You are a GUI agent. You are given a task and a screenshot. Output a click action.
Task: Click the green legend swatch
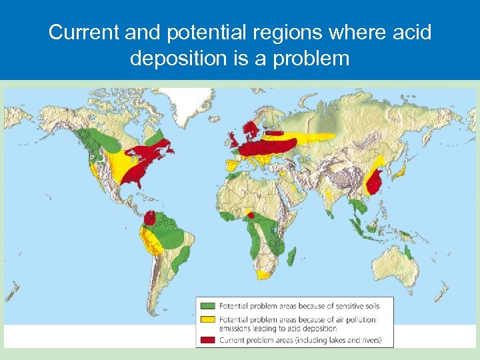[206, 306]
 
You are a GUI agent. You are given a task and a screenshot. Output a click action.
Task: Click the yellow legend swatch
[206, 321]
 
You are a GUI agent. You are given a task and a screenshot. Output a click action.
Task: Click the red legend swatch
[206, 340]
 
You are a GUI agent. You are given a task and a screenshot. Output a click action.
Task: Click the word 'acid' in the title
[413, 32]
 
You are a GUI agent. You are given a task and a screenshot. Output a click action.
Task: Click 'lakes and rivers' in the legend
[353, 340]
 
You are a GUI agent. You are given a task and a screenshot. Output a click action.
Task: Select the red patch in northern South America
[150, 217]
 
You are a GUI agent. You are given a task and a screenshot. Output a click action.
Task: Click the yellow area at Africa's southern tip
[265, 274]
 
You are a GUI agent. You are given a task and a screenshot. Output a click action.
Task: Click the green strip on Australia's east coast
[408, 252]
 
